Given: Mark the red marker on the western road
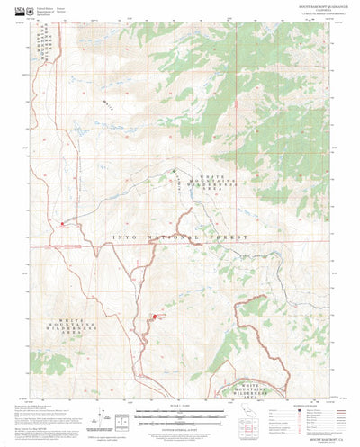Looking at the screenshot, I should pyautogui.click(x=61, y=224).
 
